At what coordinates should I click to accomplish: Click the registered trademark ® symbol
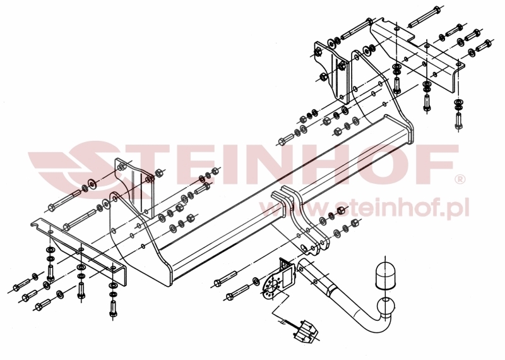(x=460, y=179)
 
